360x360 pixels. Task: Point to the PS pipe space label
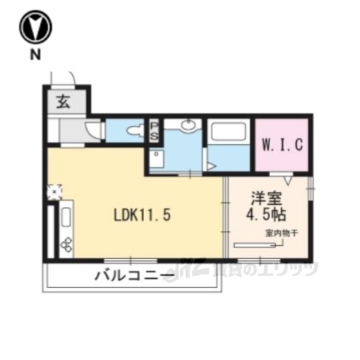(154, 131)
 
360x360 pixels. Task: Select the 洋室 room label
(265, 199)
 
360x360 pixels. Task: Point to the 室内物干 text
(281, 234)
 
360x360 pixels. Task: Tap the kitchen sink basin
(64, 219)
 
